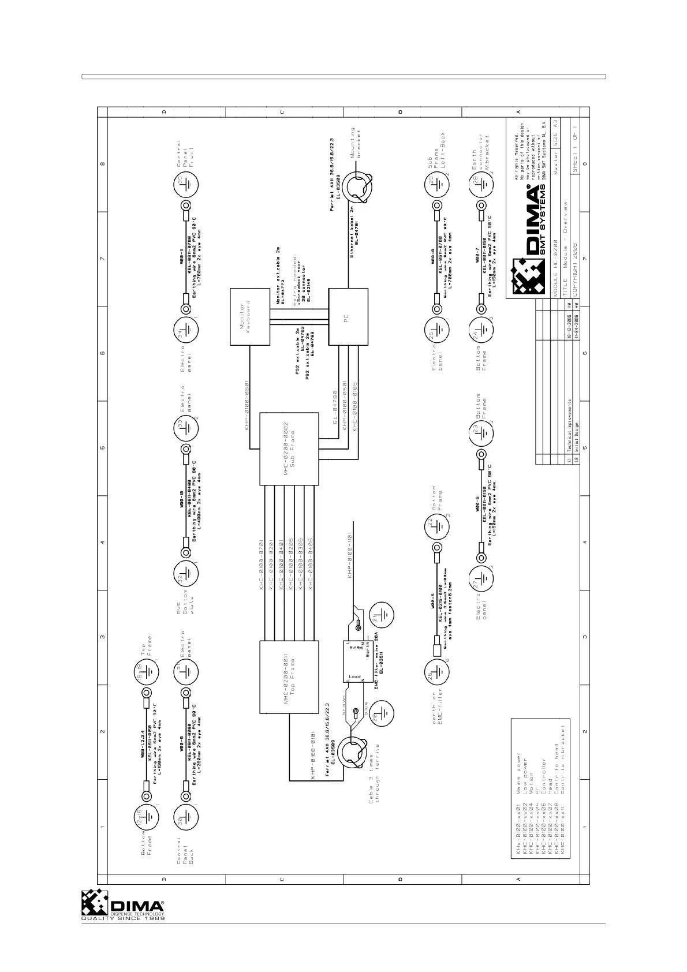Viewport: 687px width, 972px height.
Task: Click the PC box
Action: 348,316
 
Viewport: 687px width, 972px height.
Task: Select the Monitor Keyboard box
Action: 251,316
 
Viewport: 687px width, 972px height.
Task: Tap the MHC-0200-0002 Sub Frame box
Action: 289,448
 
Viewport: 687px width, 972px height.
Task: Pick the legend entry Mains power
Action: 518,771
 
